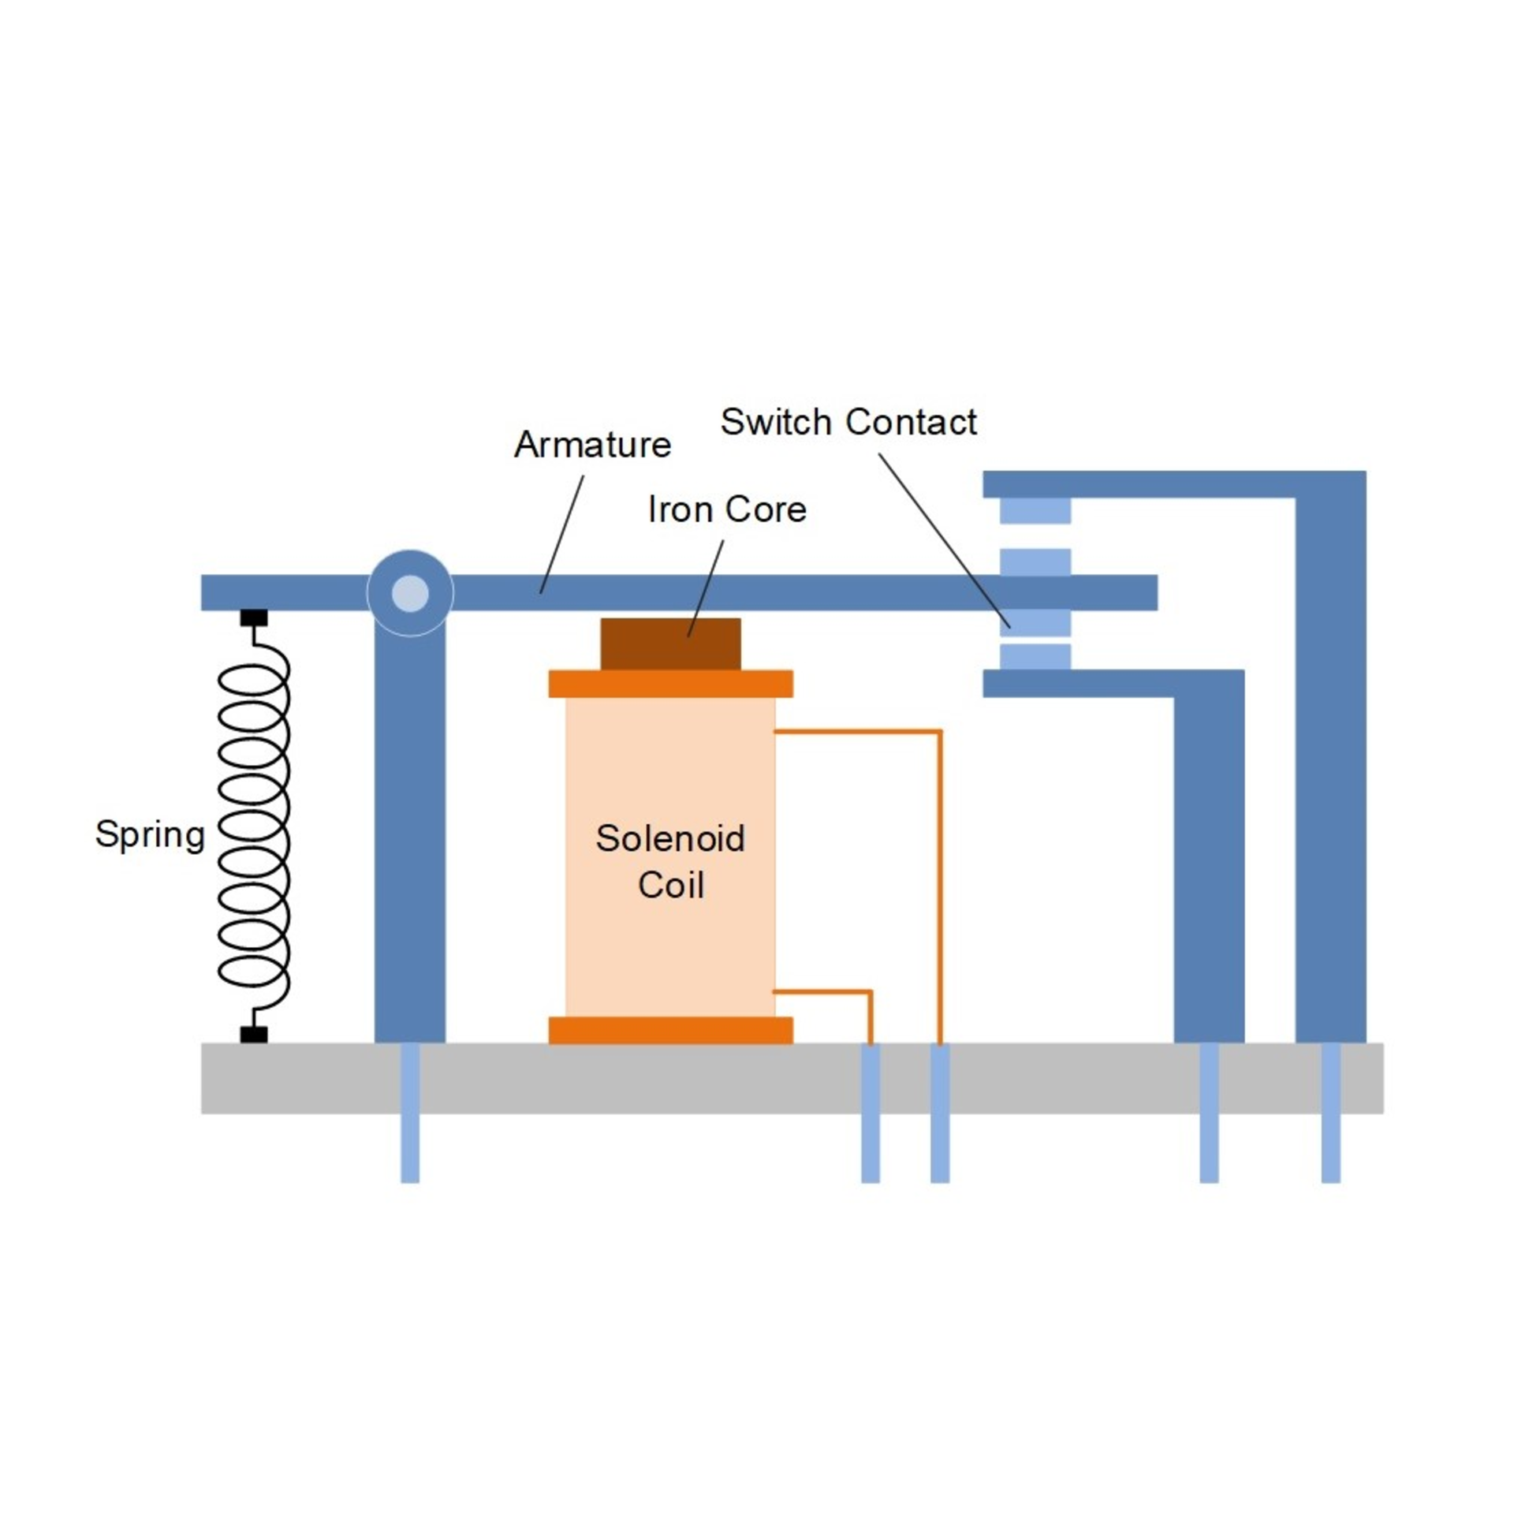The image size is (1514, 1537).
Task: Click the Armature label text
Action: [592, 445]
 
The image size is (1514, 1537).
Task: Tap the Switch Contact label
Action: [848, 422]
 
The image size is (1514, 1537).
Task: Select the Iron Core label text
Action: [727, 509]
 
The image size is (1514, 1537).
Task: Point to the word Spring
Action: [150, 835]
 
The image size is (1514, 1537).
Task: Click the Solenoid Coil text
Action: [670, 862]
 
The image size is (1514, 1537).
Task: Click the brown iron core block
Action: [670, 644]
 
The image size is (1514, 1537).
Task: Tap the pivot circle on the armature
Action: [410, 592]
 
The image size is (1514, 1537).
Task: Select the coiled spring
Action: [254, 827]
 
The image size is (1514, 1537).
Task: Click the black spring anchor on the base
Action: [254, 1035]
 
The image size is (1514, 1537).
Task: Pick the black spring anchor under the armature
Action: [254, 617]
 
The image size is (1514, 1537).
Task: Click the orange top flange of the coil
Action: [670, 684]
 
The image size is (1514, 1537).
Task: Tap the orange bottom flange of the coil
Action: [670, 1031]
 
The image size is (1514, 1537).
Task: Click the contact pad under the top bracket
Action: [1035, 510]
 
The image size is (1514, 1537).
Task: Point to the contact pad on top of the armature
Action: [1035, 561]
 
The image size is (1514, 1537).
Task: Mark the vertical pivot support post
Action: [409, 827]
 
